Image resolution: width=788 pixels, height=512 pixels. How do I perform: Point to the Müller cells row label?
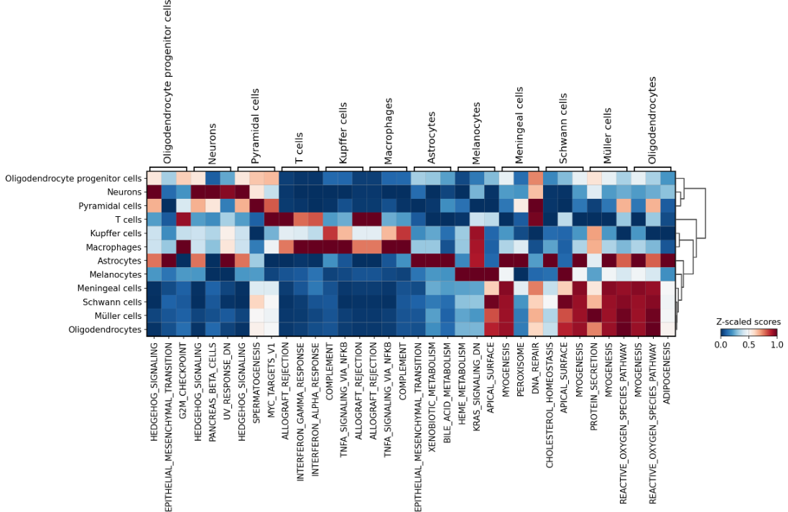point(116,316)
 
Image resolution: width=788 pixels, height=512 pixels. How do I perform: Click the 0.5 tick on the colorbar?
point(748,345)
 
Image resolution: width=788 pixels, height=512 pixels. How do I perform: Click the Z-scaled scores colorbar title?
point(748,322)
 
